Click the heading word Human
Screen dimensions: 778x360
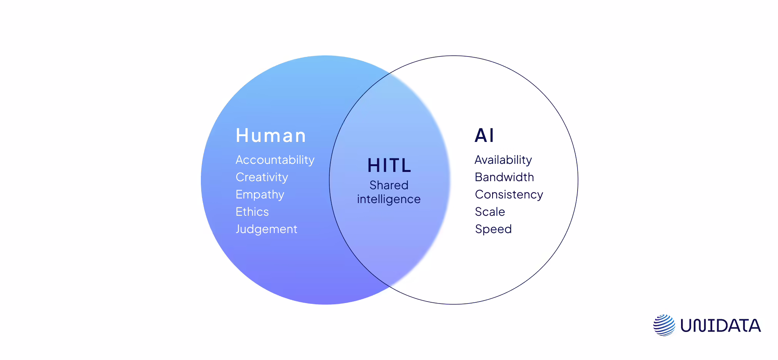[271, 135]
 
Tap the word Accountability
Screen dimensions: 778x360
[275, 160]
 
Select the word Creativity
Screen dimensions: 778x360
[262, 177]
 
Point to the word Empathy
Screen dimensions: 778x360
[260, 195]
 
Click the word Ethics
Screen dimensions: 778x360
[252, 212]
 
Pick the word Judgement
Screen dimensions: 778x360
[266, 229]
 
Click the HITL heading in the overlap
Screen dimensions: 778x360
[389, 166]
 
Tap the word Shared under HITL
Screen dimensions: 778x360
[389, 185]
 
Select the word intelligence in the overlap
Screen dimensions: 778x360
[389, 199]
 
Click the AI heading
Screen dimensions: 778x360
[484, 135]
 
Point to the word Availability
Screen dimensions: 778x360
[503, 160]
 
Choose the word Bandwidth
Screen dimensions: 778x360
[504, 177]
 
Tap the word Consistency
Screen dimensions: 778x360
[509, 195]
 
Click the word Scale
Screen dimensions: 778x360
[489, 212]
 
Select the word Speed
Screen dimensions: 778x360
[493, 229]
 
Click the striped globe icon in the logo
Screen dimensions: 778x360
[664, 325]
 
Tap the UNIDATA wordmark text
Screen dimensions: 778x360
[720, 326]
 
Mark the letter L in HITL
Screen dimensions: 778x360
[406, 166]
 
